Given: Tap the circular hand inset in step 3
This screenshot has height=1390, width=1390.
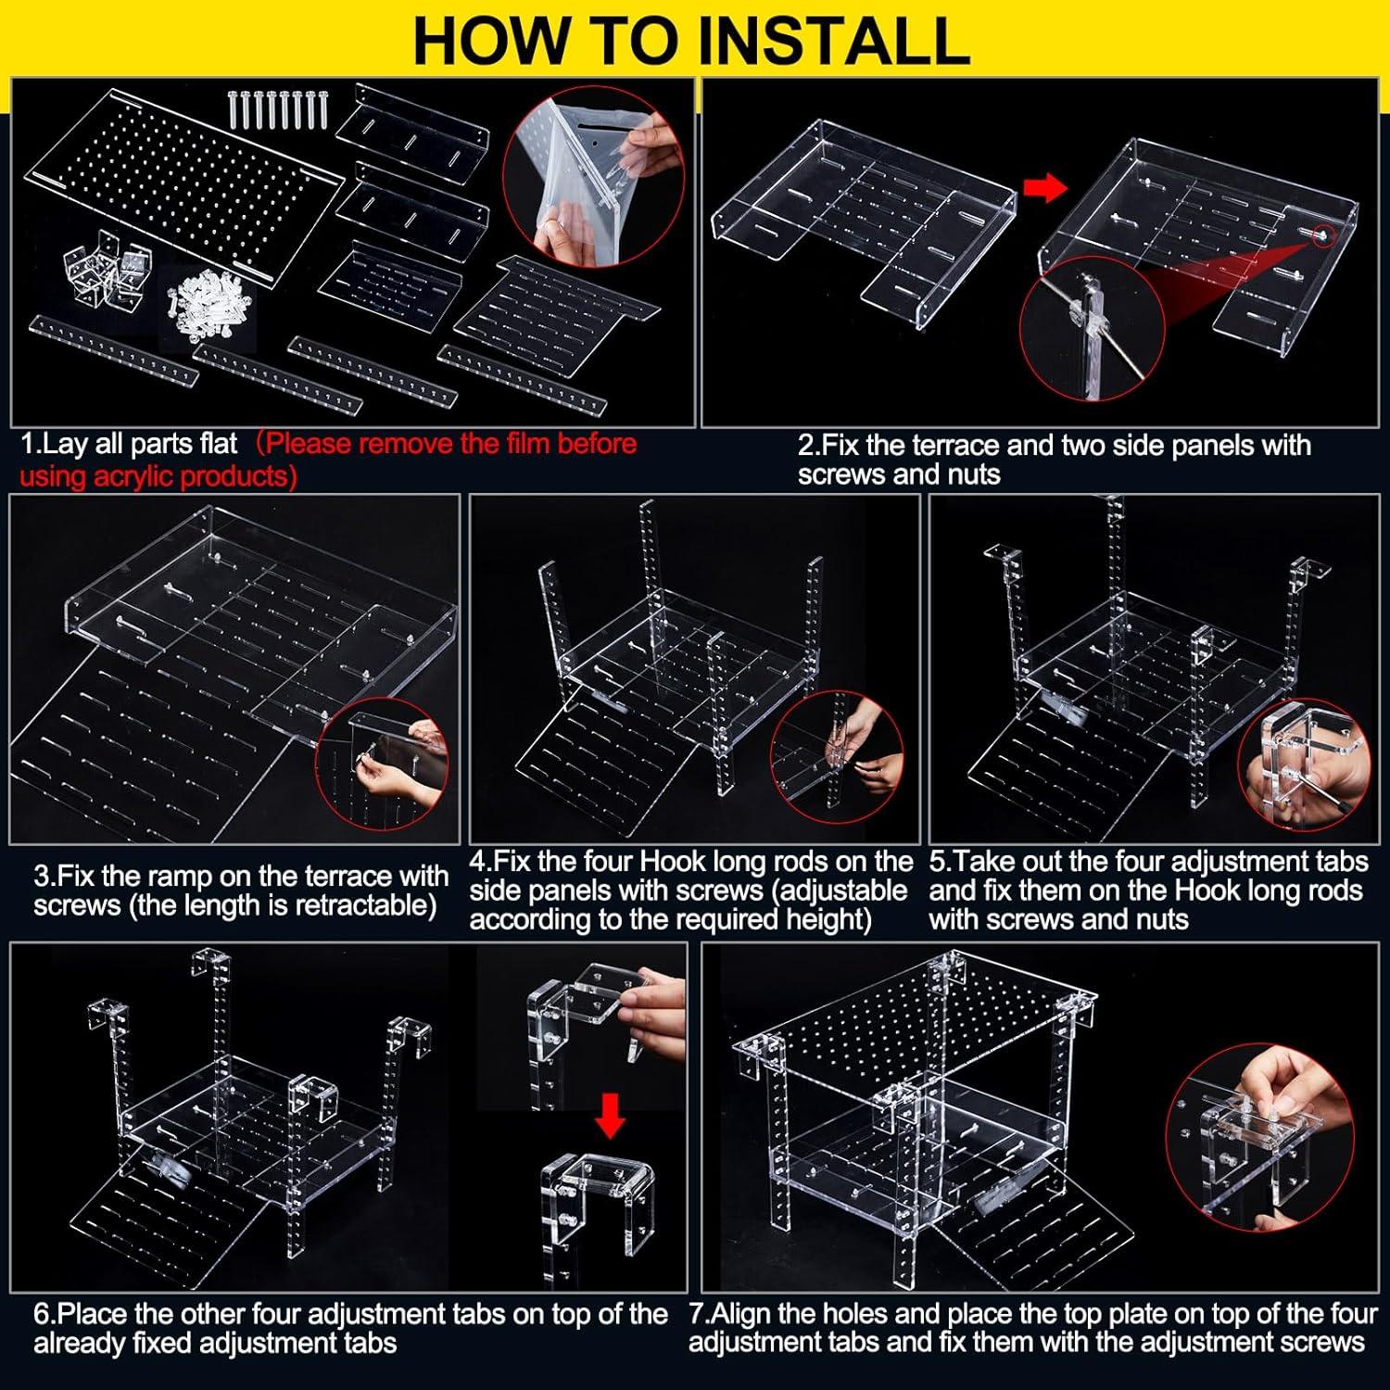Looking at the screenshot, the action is [x=385, y=764].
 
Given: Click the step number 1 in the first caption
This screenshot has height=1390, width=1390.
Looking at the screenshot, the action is [x=28, y=444].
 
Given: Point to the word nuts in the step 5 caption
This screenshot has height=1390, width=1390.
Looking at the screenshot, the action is [x=1157, y=919].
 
